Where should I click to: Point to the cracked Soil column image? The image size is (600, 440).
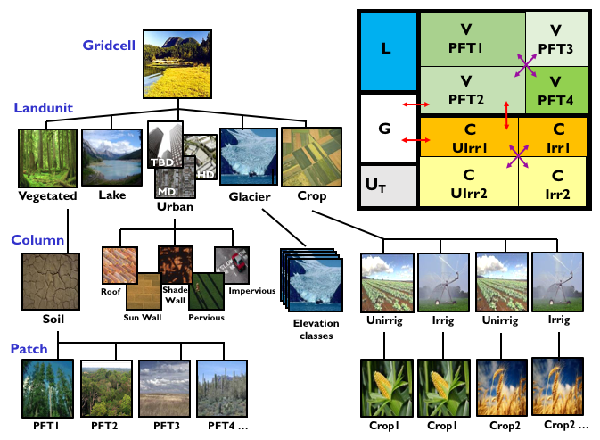pyautogui.click(x=48, y=279)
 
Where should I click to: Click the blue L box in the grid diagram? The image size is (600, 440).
pyautogui.click(x=386, y=48)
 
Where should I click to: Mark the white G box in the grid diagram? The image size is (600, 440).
pyautogui.click(x=384, y=129)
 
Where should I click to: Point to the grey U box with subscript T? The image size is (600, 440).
pyautogui.click(x=384, y=186)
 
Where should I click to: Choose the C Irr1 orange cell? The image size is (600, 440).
pyautogui.click(x=557, y=137)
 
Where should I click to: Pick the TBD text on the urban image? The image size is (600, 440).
pyautogui.click(x=162, y=162)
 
